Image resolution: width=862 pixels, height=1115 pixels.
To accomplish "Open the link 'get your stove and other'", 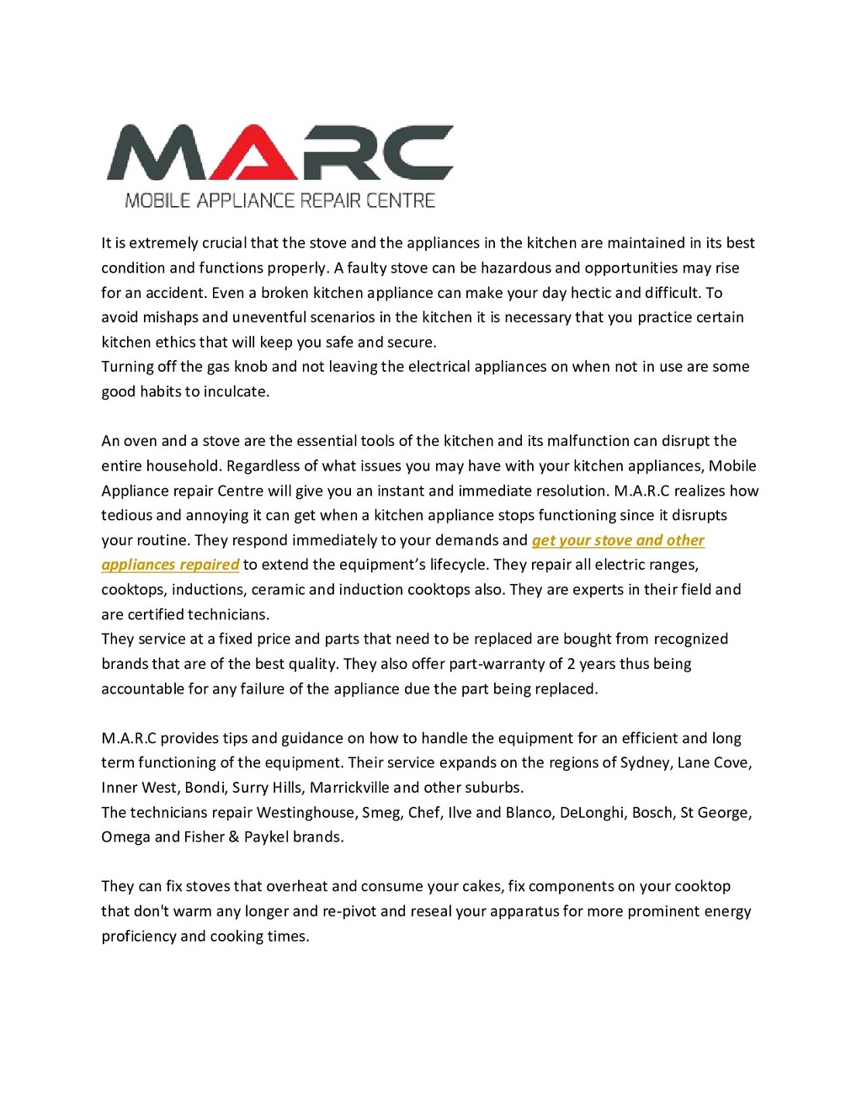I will coord(618,540).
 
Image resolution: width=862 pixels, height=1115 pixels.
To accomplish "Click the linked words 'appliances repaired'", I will coord(170,565).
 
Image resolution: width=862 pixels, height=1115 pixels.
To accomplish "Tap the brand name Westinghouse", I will coord(307,812).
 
